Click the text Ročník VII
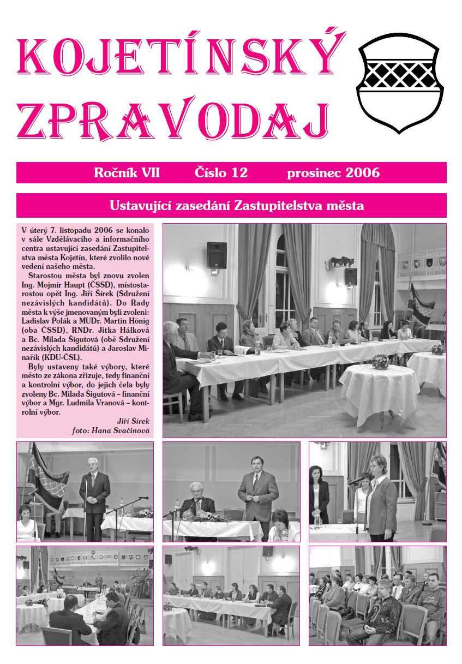(x=127, y=174)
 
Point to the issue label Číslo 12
(x=221, y=174)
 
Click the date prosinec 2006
(x=333, y=174)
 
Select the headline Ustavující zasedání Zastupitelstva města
(x=236, y=206)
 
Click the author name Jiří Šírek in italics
(x=133, y=421)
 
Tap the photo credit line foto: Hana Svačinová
(x=111, y=430)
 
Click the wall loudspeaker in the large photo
(x=217, y=255)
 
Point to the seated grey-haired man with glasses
(x=196, y=499)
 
